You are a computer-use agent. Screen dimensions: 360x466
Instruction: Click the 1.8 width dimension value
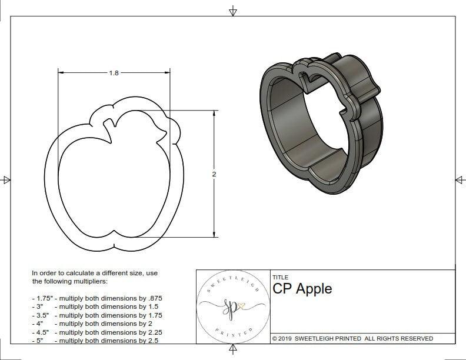tap(114, 73)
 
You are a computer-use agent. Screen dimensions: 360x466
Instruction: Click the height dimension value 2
tap(214, 174)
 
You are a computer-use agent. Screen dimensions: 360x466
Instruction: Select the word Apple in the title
tap(314, 288)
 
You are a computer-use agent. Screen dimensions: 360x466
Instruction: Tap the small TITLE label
tap(280, 277)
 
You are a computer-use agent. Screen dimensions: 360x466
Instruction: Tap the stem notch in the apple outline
tap(109, 126)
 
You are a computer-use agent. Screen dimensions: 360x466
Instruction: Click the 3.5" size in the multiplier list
tap(41, 315)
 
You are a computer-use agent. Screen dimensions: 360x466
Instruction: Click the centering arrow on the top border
tap(233, 11)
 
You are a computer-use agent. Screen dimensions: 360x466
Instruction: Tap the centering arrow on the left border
tap(6, 180)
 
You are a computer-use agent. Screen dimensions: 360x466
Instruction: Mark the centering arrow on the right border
tap(460, 180)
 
